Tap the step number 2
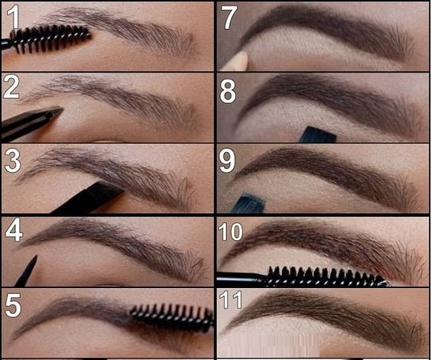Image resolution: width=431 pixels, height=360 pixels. pyautogui.click(x=11, y=88)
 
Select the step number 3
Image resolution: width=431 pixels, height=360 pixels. pyautogui.click(x=11, y=161)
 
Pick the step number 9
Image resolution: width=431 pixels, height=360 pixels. pyautogui.click(x=229, y=161)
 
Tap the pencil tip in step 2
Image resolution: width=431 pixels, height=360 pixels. pyautogui.click(x=57, y=114)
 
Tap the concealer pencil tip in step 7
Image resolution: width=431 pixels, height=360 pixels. pyautogui.click(x=238, y=60)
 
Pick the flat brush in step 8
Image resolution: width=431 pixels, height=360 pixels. pyautogui.click(x=316, y=135)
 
